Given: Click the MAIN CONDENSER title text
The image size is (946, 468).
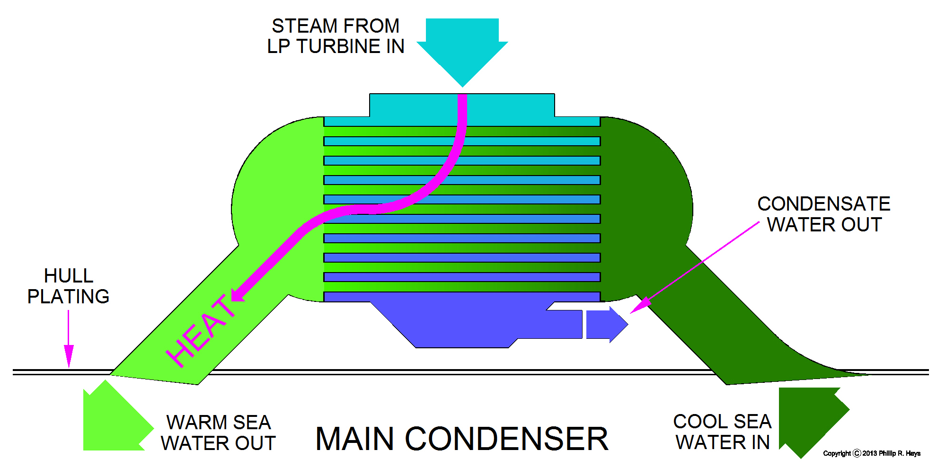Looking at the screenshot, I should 461,439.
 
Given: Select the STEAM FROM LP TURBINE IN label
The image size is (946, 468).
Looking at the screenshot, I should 336,36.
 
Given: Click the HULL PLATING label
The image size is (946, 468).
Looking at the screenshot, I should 68,286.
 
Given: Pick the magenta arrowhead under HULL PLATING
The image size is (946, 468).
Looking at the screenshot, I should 69,356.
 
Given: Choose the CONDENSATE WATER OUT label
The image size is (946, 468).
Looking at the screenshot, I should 824,214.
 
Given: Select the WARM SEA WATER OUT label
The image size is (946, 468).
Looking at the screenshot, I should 218,433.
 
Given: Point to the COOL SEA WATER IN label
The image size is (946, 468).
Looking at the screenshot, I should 722,432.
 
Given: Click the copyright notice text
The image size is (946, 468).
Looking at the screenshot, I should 872,453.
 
